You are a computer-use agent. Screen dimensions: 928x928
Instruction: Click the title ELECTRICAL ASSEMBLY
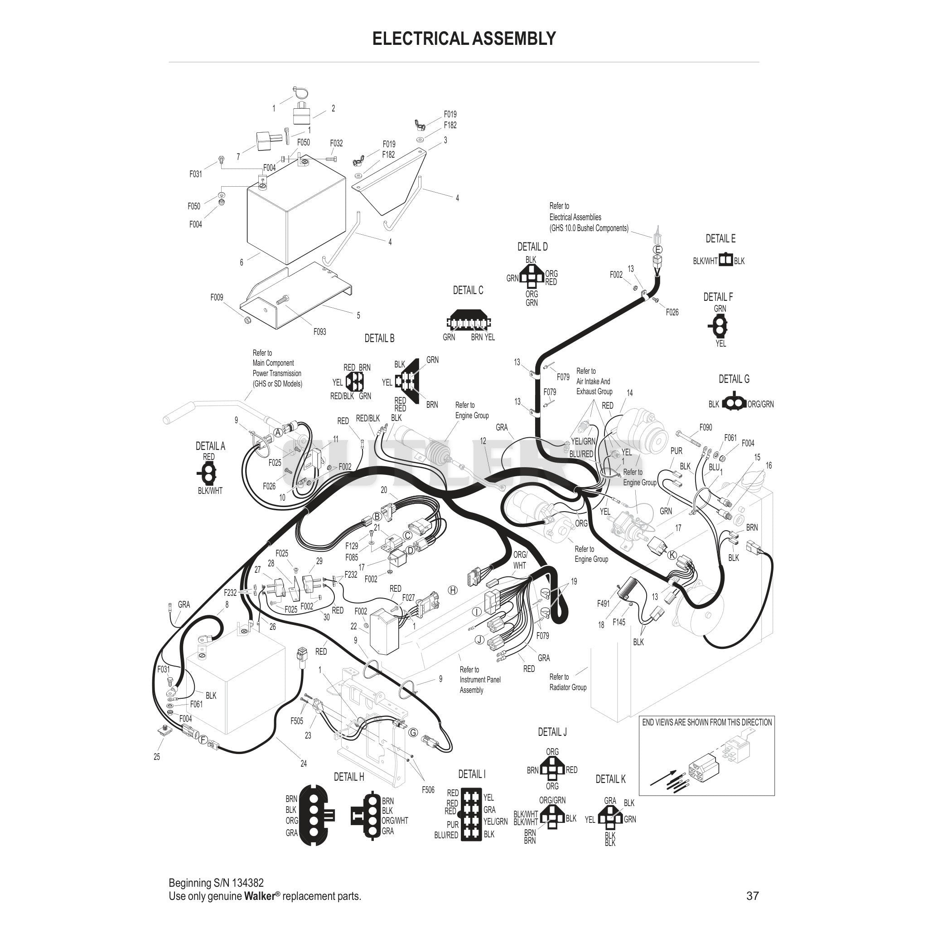[x=464, y=39]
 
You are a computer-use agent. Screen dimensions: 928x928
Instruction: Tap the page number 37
[x=753, y=896]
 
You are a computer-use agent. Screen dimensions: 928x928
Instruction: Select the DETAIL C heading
[x=468, y=290]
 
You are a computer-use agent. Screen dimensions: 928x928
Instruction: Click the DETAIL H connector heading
[x=349, y=777]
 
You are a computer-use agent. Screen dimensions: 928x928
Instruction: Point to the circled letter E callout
[x=658, y=249]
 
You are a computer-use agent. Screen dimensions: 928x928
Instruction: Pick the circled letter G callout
[x=413, y=733]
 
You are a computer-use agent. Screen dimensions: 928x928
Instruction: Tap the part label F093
[x=320, y=332]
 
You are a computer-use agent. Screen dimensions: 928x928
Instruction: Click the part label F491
[x=603, y=604]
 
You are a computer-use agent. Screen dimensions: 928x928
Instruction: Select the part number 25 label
[x=157, y=757]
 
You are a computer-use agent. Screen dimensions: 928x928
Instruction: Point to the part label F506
[x=428, y=790]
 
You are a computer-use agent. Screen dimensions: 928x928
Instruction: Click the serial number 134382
[x=248, y=883]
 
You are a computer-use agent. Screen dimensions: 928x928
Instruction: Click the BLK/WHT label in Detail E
[x=705, y=261]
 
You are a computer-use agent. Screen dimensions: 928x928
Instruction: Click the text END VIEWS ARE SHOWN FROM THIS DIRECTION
[x=707, y=722]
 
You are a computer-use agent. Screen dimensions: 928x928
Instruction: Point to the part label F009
[x=217, y=298]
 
